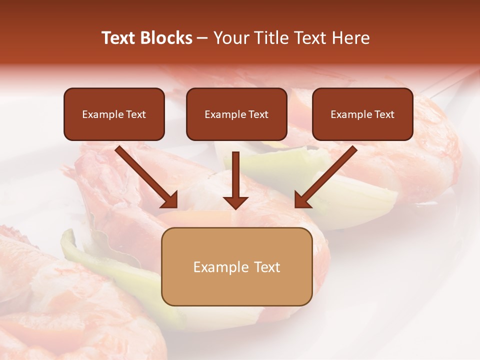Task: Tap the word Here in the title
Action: [x=351, y=38]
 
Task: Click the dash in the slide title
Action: [x=202, y=38]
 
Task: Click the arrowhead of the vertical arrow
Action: [x=236, y=202]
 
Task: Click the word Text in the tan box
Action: [x=266, y=267]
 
